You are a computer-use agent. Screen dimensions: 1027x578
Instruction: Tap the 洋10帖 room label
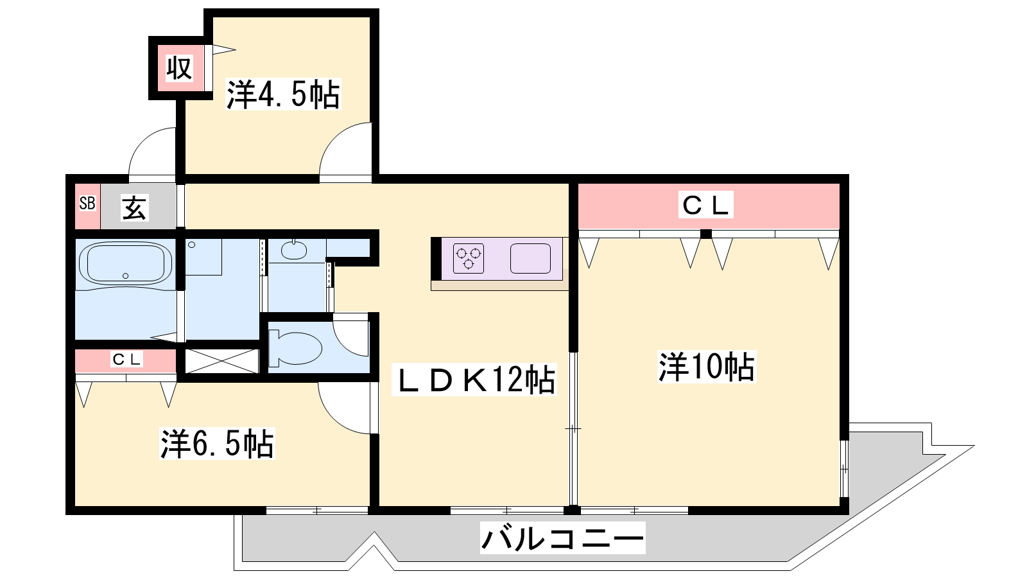tap(707, 367)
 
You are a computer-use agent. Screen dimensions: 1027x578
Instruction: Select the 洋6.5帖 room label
tap(217, 444)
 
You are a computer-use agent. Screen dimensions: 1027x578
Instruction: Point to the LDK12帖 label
tap(474, 380)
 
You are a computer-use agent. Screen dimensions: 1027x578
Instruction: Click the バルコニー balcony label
tap(562, 538)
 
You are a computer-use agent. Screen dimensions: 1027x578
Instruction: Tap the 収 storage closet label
tap(179, 68)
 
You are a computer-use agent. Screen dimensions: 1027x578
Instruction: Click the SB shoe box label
tap(87, 203)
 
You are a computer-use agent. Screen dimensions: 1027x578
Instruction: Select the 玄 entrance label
tap(134, 207)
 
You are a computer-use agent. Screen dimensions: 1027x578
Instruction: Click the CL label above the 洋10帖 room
tap(705, 205)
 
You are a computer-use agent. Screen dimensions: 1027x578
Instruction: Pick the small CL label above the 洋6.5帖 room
tap(126, 359)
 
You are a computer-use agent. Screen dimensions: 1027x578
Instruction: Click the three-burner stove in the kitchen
tap(469, 258)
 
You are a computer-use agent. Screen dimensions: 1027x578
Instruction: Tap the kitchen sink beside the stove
tap(530, 258)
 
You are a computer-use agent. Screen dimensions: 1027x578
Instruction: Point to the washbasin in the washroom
tap(294, 250)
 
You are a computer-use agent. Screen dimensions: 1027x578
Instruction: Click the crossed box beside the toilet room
tap(222, 361)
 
